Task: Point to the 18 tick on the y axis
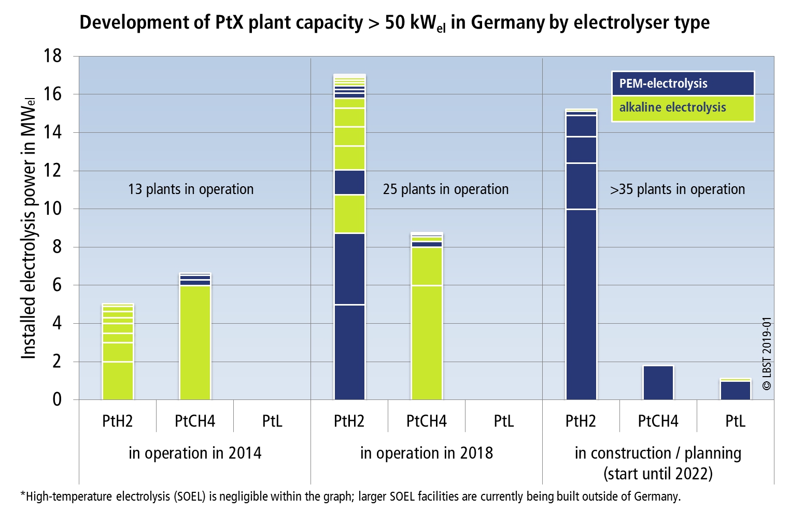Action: [52, 56]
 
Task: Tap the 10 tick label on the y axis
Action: [52, 209]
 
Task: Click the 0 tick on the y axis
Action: [57, 399]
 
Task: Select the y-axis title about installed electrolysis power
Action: [29, 228]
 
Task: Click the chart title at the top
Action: [394, 23]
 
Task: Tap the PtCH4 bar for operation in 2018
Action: [427, 316]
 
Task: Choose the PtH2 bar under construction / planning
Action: [581, 254]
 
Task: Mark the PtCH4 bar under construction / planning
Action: [658, 383]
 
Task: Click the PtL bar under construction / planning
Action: [735, 390]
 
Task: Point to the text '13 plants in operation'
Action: [191, 189]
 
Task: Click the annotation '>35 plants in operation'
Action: [677, 189]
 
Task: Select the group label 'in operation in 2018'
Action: [426, 453]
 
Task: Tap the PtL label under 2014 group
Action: [272, 421]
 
